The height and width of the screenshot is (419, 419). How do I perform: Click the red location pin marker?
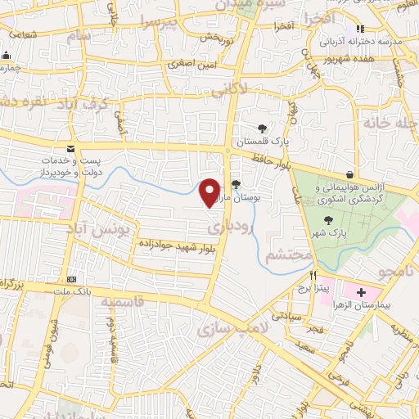pyautogui.click(x=210, y=191)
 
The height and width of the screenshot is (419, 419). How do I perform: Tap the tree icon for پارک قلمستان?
pyautogui.click(x=262, y=128)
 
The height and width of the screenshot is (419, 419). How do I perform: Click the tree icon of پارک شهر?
pyautogui.click(x=329, y=220)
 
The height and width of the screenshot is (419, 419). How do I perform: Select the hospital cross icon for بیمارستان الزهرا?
pyautogui.click(x=361, y=292)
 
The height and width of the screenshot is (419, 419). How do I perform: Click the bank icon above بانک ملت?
pyautogui.click(x=70, y=279)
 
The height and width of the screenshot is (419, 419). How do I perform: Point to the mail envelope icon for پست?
pyautogui.click(x=70, y=148)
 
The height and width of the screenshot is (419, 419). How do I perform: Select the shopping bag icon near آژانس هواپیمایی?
pyautogui.click(x=350, y=174)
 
